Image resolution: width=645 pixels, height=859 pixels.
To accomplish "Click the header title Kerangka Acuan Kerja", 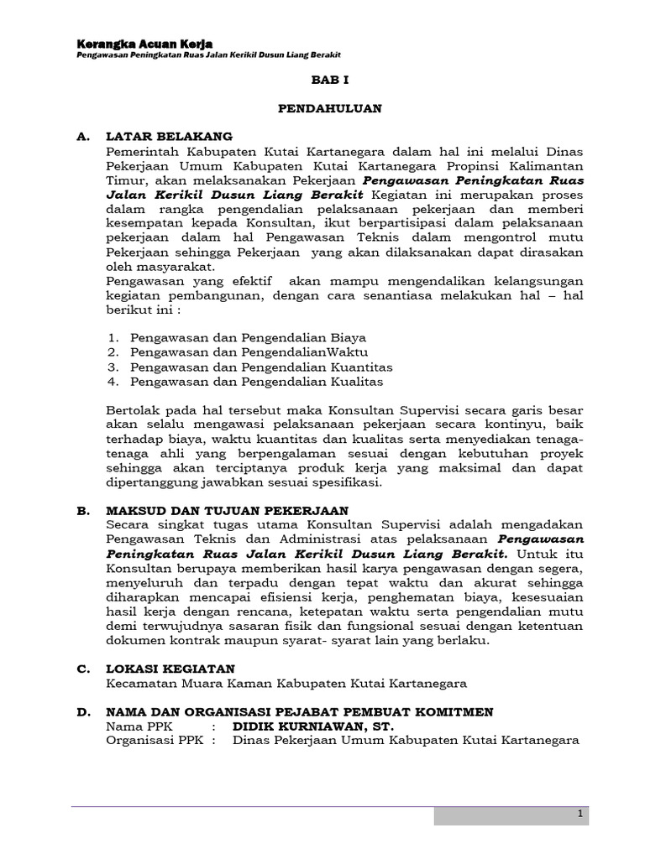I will click(144, 43).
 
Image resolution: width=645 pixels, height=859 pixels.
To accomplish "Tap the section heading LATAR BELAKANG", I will click(169, 136).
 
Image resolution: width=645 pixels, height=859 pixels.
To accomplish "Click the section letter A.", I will click(82, 136).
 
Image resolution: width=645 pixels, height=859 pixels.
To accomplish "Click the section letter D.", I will click(82, 711).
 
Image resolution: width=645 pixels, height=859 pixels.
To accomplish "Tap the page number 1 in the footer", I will click(579, 815).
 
